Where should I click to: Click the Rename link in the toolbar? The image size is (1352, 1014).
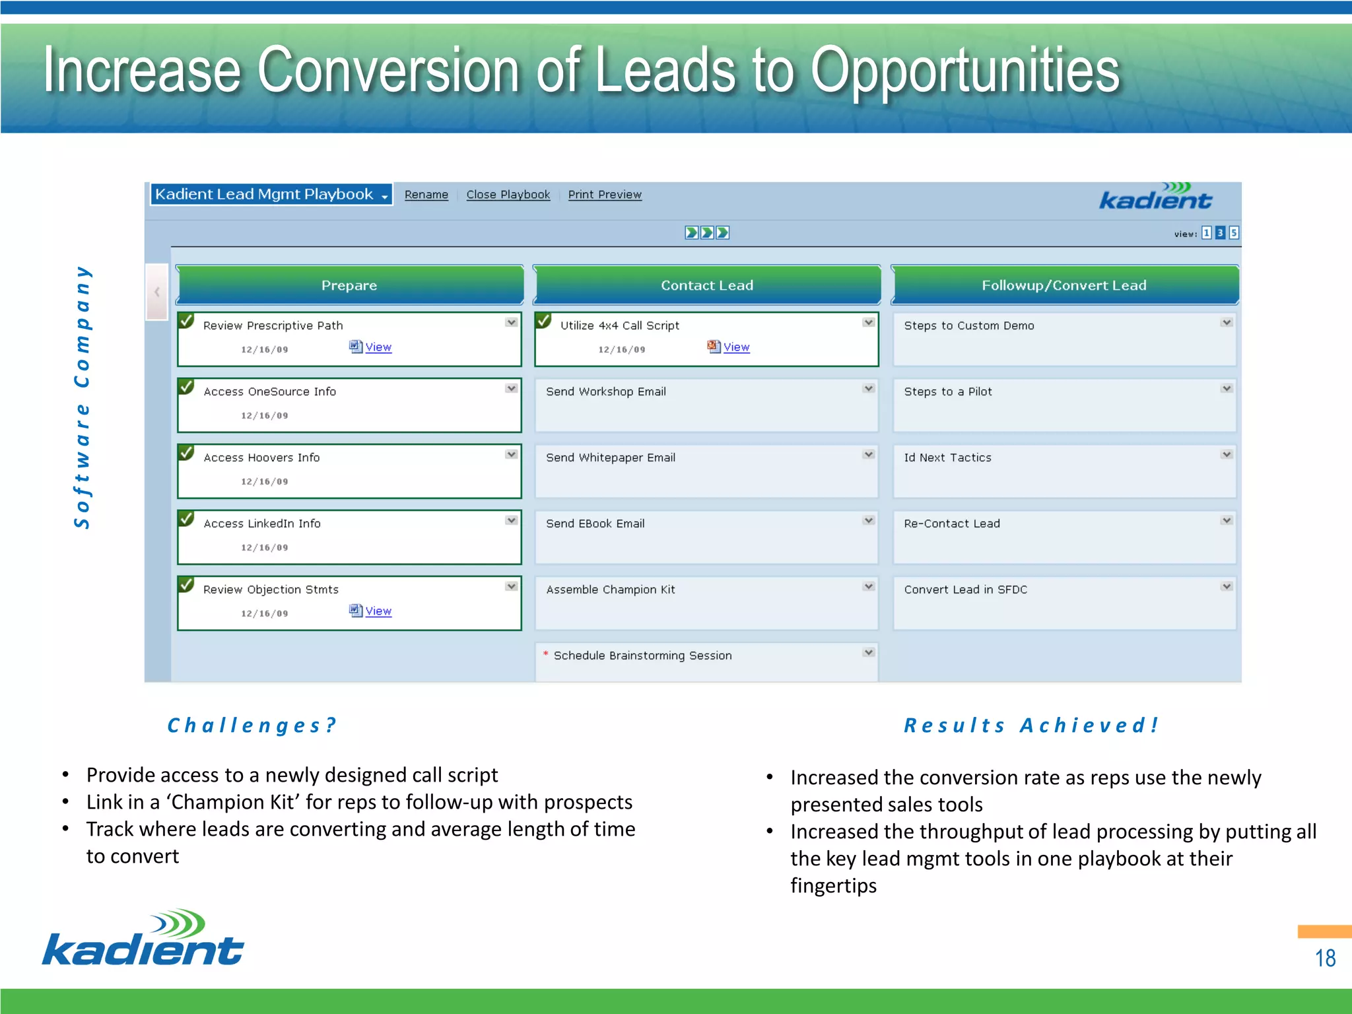pyautogui.click(x=426, y=195)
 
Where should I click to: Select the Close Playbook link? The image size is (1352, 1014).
pyautogui.click(x=508, y=195)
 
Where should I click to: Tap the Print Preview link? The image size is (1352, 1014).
pyautogui.click(x=604, y=195)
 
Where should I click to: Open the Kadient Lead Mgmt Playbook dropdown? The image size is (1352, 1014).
pyautogui.click(x=271, y=195)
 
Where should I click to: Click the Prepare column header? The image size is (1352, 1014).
pyautogui.click(x=349, y=285)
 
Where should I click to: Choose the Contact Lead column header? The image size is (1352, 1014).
pyautogui.click(x=706, y=285)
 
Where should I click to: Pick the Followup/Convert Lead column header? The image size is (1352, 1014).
pyautogui.click(x=1064, y=285)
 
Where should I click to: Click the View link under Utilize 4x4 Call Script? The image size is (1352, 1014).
pyautogui.click(x=735, y=347)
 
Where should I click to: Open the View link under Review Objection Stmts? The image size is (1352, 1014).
pyautogui.click(x=378, y=611)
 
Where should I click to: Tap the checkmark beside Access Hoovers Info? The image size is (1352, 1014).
pyautogui.click(x=187, y=453)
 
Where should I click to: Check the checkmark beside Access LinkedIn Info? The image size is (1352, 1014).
pyautogui.click(x=187, y=519)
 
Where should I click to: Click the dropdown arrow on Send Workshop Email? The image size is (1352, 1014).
pyautogui.click(x=869, y=389)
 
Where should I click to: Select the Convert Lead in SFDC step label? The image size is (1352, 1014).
pyautogui.click(x=965, y=590)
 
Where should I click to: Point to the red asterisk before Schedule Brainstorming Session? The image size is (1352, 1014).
pyautogui.click(x=545, y=654)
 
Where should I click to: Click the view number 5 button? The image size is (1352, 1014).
pyautogui.click(x=1233, y=233)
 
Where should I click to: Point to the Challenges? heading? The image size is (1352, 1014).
pyautogui.click(x=252, y=726)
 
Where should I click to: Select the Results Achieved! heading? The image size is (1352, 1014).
pyautogui.click(x=1031, y=726)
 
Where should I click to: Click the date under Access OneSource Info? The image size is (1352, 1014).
pyautogui.click(x=264, y=416)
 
